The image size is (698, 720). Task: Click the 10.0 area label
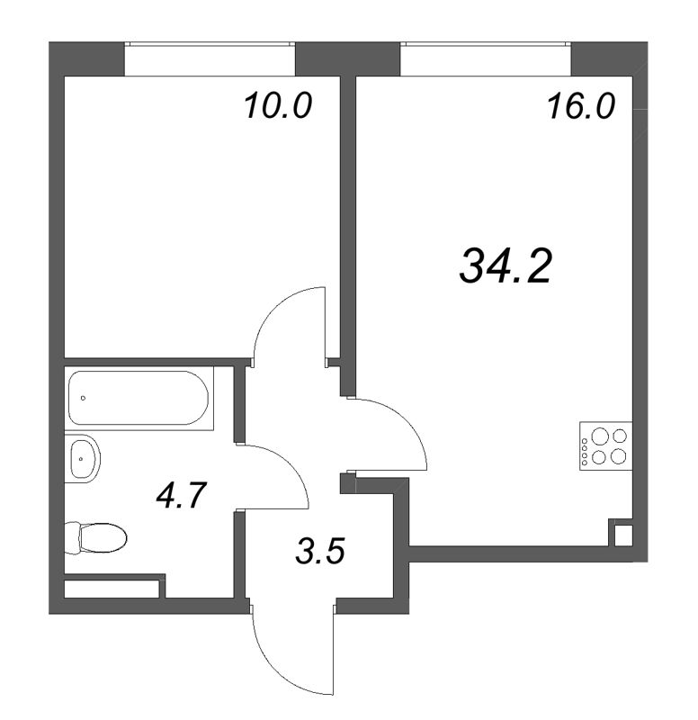[x=278, y=105]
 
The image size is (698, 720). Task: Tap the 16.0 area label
[x=580, y=106]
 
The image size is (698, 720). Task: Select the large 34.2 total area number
[x=505, y=265]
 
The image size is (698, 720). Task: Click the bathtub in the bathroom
[x=139, y=398]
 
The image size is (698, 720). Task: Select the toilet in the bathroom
[x=95, y=537]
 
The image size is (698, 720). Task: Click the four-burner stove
[x=605, y=447]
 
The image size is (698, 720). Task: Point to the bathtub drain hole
[x=83, y=398]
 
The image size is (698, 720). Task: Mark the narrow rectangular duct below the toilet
[x=112, y=589]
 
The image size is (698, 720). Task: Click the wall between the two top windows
[x=347, y=58]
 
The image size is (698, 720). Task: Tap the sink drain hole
[x=81, y=458]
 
